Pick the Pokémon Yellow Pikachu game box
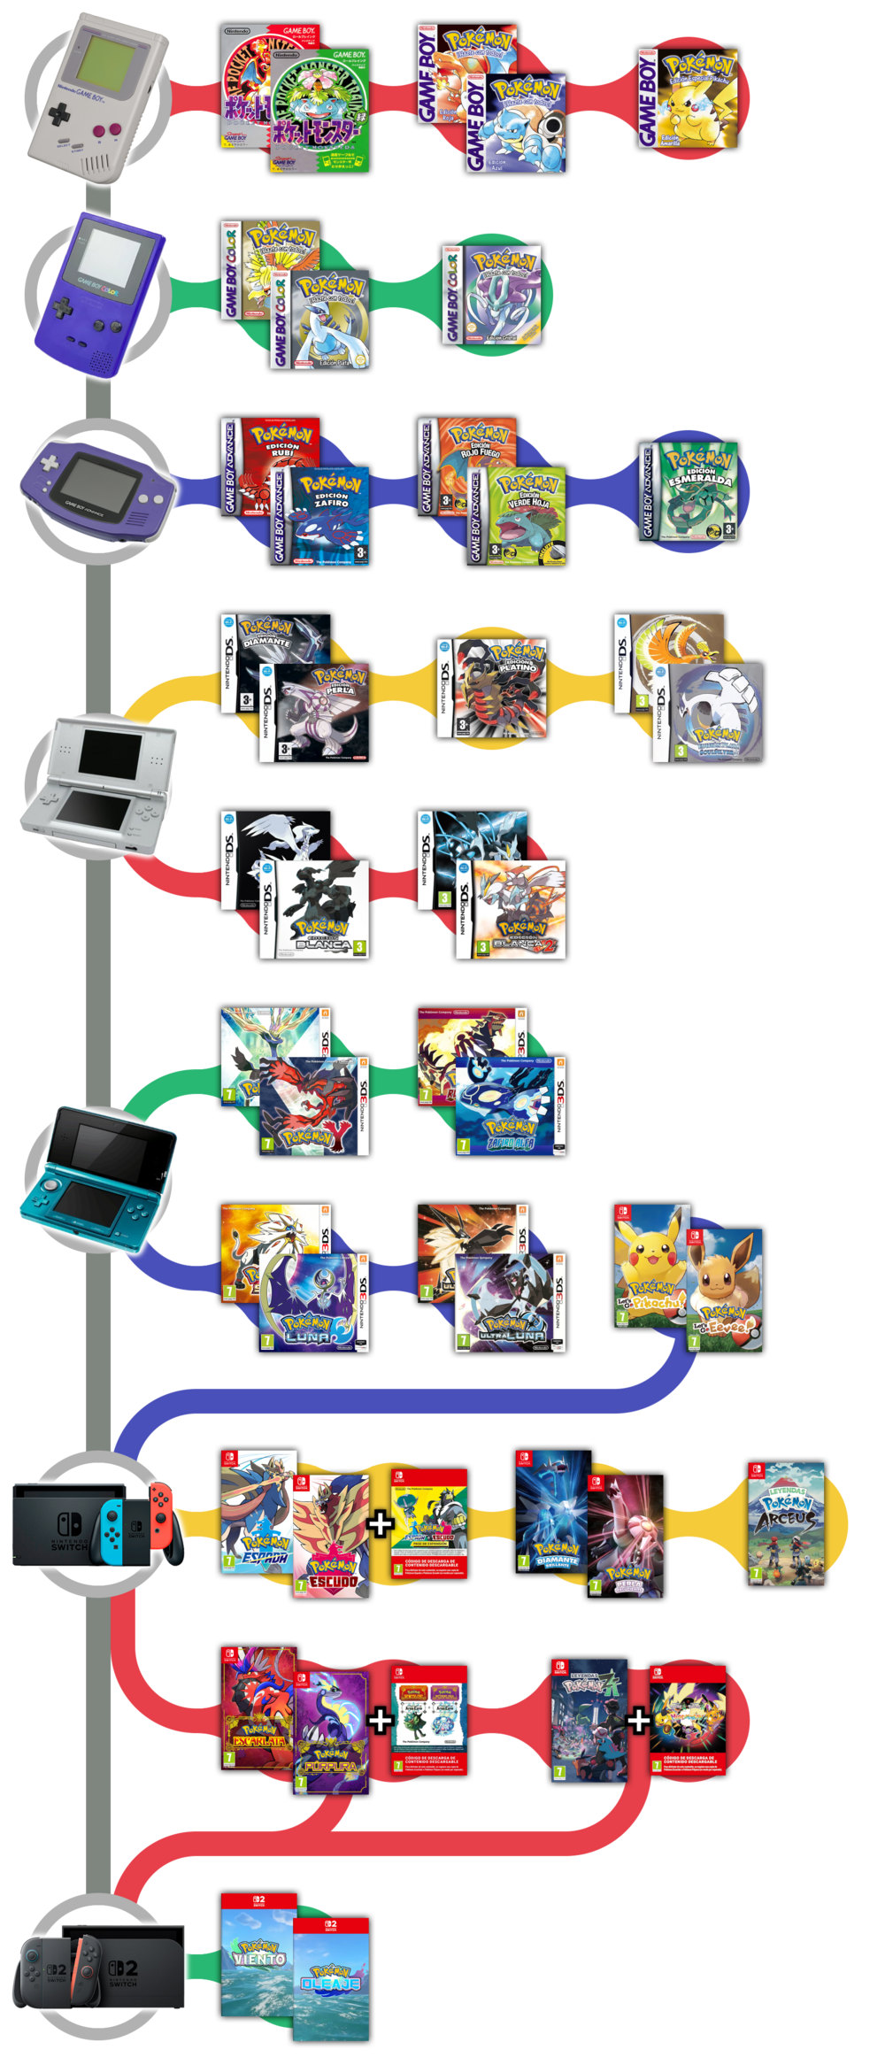coord(689,98)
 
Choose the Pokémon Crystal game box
coord(491,296)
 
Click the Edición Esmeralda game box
coord(689,492)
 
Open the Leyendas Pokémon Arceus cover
coord(786,1523)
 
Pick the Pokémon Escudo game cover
coord(331,1536)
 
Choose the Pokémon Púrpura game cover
coord(331,1731)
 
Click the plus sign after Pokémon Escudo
coord(381,1523)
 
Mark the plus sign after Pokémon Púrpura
coord(381,1720)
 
